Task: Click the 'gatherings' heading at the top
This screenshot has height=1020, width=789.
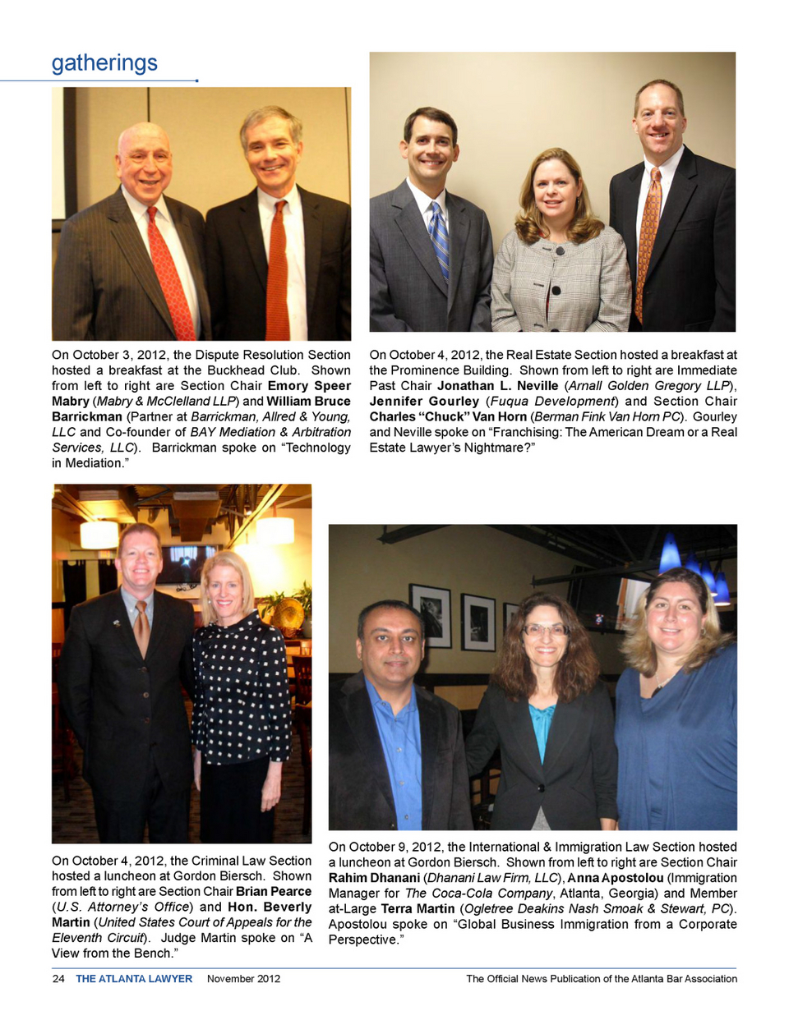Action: coord(104,63)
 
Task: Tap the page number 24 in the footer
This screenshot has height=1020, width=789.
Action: coord(58,978)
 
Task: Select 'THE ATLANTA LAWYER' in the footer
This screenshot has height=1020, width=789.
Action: coord(134,978)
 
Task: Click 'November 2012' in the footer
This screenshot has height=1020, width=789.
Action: coord(243,978)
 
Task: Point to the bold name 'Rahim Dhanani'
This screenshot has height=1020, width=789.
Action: coord(374,878)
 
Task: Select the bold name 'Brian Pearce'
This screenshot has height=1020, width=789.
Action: coord(274,891)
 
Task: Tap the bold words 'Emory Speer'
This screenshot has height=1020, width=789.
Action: coord(309,385)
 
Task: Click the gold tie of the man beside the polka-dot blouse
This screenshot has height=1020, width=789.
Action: coord(141,628)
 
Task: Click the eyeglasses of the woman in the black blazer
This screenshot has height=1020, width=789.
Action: coord(546,630)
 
